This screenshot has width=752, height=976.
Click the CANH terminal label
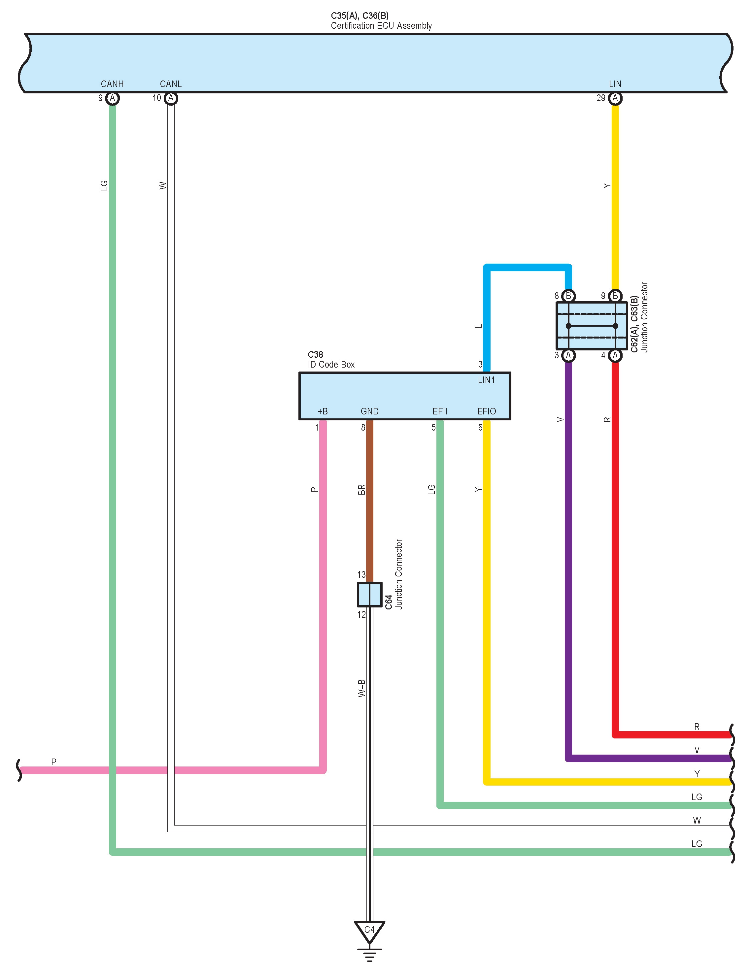[112, 84]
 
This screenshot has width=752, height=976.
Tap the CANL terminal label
[171, 84]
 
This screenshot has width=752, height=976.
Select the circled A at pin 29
[615, 98]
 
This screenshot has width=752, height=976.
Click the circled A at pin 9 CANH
[112, 98]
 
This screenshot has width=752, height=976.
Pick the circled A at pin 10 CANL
[171, 98]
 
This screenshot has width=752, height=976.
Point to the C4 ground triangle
[369, 930]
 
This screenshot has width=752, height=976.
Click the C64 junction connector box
[369, 594]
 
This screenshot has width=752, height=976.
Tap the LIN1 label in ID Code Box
[487, 380]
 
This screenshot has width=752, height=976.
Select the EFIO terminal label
[487, 411]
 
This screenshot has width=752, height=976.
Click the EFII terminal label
[439, 411]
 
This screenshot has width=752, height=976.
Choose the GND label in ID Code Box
[369, 411]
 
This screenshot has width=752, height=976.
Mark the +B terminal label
[322, 411]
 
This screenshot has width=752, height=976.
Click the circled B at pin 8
[568, 296]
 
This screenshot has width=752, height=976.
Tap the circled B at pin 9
[615, 296]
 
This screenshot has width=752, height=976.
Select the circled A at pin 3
[568, 356]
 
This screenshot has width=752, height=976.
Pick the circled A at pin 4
[615, 356]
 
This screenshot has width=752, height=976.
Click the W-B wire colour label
[362, 688]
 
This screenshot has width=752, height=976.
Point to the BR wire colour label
[362, 490]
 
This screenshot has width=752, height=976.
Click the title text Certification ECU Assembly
[381, 26]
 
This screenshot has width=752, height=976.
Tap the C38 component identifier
[315, 354]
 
